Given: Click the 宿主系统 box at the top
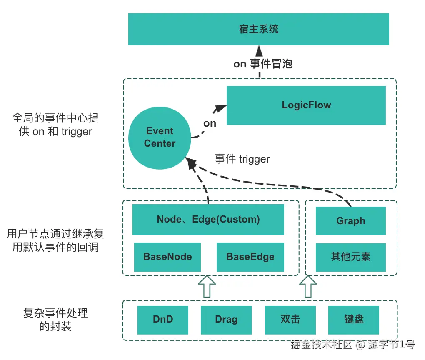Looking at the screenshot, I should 258,29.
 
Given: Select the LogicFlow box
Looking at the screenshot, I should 306,105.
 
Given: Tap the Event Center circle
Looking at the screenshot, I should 160,137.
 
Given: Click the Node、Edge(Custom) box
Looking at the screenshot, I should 208,219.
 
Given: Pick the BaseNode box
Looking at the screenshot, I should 167,257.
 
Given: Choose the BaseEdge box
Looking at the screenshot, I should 250,257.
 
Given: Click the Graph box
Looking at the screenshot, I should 350,221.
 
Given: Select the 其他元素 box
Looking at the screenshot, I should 350,257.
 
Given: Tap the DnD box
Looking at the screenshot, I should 163,320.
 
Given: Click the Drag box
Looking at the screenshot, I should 226,320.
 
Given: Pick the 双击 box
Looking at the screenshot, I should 290,320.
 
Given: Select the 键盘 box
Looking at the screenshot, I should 354,320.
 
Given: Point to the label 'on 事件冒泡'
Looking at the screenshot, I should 263,64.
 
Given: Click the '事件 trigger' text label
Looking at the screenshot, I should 242,159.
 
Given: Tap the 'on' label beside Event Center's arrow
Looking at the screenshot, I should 210,123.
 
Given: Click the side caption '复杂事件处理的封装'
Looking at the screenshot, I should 55,319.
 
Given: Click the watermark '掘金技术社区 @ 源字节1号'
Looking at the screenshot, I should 352,345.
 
